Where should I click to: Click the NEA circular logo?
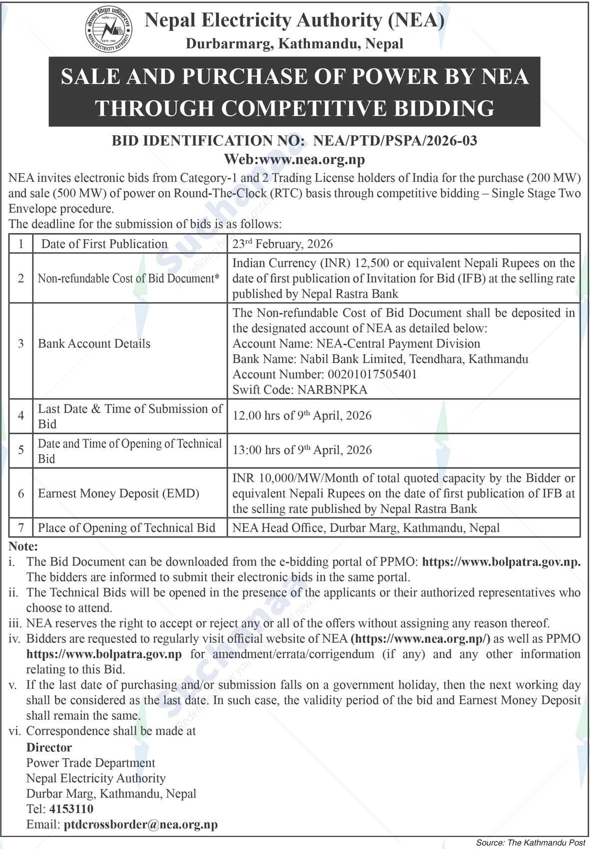tap(108, 30)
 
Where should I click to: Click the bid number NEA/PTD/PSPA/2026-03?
tap(395, 140)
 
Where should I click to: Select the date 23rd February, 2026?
tap(282, 244)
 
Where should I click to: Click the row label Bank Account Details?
tap(94, 344)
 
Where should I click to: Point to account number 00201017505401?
tap(372, 374)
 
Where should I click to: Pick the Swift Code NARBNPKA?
tap(332, 390)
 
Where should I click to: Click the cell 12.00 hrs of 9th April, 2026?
tap(302, 416)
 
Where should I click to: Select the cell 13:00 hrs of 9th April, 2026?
tap(302, 450)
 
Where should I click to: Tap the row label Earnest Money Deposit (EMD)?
tap(118, 493)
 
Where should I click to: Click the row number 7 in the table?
tap(21, 528)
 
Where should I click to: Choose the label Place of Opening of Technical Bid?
tap(126, 528)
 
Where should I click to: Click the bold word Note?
tap(23, 546)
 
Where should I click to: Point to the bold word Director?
tap(49, 747)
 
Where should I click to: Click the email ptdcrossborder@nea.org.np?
tap(141, 824)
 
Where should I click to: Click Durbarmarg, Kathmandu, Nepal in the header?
tap(294, 44)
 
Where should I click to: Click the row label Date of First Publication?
tap(104, 244)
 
